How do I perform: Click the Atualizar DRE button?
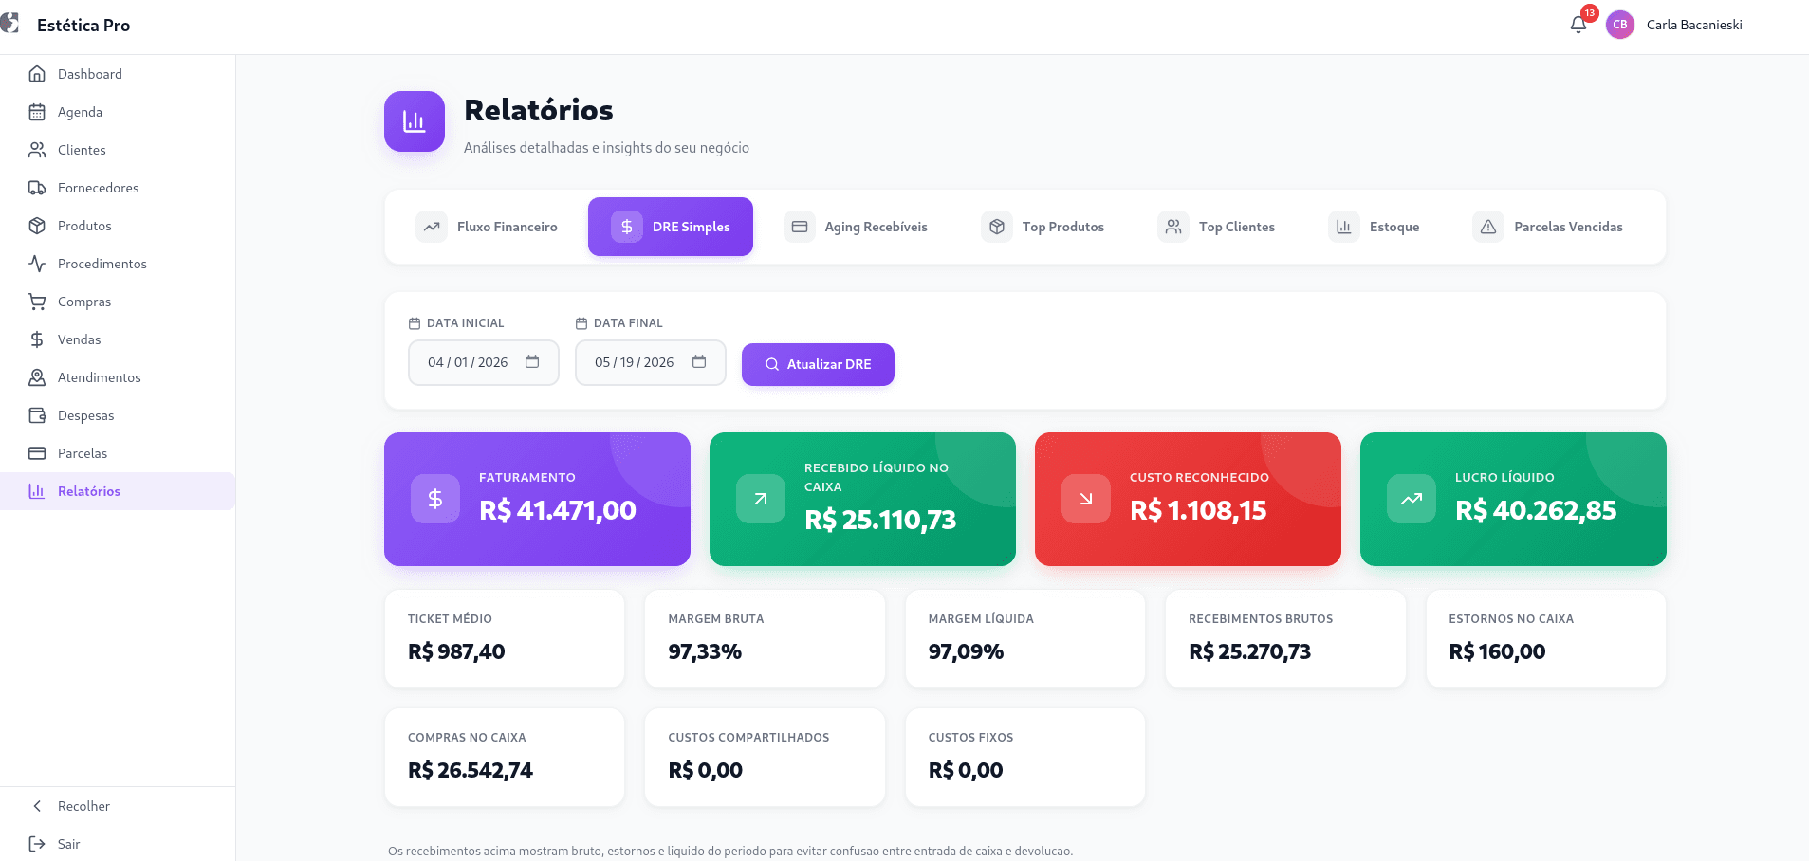click(x=818, y=364)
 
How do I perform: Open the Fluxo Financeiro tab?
click(x=487, y=227)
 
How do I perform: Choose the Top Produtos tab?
click(x=1043, y=227)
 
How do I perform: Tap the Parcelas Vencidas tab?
click(x=1548, y=227)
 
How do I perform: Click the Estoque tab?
click(x=1374, y=227)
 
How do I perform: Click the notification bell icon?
click(x=1578, y=25)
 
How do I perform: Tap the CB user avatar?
click(x=1620, y=25)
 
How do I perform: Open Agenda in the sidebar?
click(x=80, y=112)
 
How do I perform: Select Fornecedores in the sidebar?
click(x=98, y=188)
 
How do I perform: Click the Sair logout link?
click(x=68, y=844)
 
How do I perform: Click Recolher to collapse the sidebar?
click(x=83, y=806)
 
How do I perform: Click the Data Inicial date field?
click(x=484, y=362)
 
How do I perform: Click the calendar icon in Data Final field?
click(x=699, y=361)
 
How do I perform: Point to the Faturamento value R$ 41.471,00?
click(x=558, y=510)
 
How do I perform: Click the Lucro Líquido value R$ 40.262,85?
click(x=1536, y=510)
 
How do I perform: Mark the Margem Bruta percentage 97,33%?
click(x=705, y=651)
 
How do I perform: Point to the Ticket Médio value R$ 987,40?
click(x=456, y=651)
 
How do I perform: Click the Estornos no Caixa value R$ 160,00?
click(x=1497, y=651)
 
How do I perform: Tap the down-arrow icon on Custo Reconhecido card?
click(x=1086, y=499)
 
